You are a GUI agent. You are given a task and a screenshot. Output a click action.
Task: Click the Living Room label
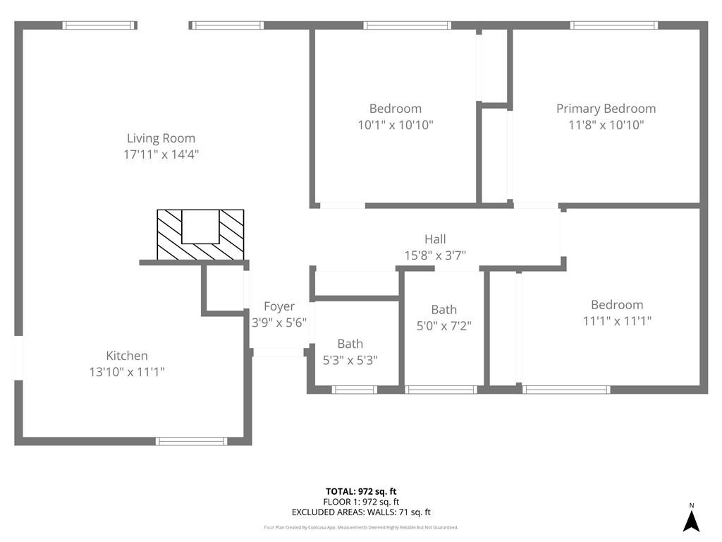tap(161, 138)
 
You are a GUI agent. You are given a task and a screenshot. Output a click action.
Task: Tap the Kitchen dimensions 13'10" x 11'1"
tap(127, 372)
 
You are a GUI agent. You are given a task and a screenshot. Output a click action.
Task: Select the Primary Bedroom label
tap(606, 109)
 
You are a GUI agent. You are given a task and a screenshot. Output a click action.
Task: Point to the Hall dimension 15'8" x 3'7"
tap(435, 255)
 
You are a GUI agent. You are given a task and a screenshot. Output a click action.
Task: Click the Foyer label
tap(279, 306)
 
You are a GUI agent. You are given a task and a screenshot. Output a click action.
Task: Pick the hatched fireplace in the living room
tap(200, 234)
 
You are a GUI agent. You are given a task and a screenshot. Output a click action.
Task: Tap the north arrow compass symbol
tap(691, 522)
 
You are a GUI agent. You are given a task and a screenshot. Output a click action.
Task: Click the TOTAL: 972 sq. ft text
tap(366, 491)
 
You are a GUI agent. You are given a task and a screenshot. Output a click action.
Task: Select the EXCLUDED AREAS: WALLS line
tap(361, 512)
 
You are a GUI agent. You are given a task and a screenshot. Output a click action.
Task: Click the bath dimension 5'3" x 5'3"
tap(350, 360)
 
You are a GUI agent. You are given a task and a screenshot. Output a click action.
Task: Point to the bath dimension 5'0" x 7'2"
tap(443, 326)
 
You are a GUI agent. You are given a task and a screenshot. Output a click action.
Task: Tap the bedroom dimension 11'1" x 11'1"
tap(617, 321)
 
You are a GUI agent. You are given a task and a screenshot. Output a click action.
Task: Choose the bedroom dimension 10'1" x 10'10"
tap(396, 125)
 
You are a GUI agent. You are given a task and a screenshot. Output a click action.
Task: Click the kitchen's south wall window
tap(192, 441)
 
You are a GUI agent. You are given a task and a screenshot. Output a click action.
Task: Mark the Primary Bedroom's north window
tap(614, 25)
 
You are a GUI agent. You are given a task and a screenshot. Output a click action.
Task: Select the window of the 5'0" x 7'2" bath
tap(442, 390)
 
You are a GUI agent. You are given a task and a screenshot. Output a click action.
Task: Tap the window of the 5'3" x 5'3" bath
tap(355, 390)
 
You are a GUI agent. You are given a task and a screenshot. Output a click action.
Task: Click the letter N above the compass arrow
tap(692, 505)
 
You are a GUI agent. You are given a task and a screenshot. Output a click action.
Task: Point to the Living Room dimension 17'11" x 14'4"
tap(161, 155)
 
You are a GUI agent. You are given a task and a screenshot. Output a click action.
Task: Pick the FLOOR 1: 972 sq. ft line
tap(361, 502)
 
